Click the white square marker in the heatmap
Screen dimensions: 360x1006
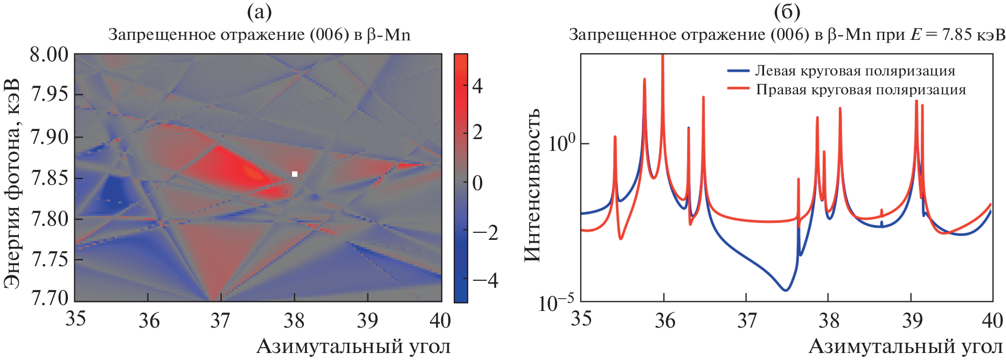295,174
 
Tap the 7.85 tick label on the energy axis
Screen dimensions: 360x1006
50,178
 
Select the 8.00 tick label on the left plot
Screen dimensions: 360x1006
50,54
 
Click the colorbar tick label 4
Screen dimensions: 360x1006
477,86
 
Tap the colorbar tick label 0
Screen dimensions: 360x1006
477,183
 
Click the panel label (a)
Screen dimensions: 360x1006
259,11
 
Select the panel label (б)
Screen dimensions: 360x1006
787,11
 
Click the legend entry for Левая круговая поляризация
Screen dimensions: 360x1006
855,71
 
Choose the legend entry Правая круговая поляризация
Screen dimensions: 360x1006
861,89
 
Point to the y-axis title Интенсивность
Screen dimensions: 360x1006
532,185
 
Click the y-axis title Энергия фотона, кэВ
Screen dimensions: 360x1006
12,183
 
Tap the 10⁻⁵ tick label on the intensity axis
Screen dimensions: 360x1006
556,303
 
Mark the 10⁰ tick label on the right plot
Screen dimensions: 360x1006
561,143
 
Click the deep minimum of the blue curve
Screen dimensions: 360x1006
786,290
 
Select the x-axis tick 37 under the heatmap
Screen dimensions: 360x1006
221,321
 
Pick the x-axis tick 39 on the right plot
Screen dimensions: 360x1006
912,321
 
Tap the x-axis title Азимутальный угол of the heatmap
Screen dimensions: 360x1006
353,347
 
